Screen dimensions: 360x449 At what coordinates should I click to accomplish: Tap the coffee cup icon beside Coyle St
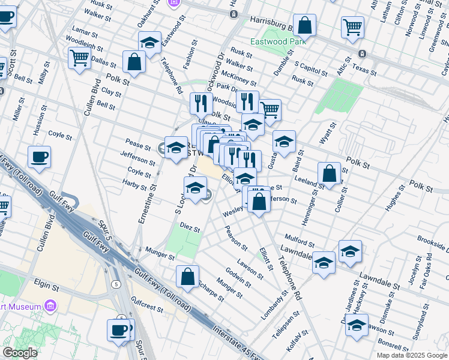click(40, 158)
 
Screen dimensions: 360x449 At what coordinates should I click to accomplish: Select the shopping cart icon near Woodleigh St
click(79, 59)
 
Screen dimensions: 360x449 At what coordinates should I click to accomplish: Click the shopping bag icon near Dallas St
click(134, 61)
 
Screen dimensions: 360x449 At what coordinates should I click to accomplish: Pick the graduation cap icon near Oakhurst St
click(149, 42)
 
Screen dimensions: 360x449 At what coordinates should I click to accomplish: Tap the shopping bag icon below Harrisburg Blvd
click(305, 26)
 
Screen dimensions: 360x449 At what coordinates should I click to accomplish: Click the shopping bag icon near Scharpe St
click(187, 276)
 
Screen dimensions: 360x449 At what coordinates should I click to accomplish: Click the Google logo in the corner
click(20, 353)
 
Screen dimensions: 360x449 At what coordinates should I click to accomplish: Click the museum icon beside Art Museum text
click(50, 307)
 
